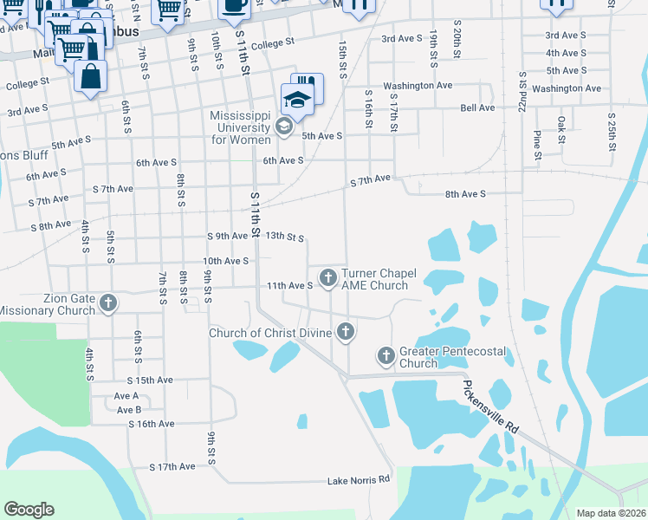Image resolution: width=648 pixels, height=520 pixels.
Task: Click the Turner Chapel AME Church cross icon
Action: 327,278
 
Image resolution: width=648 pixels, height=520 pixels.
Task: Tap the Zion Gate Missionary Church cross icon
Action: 108,303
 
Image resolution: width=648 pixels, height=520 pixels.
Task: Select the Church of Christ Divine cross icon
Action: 346,331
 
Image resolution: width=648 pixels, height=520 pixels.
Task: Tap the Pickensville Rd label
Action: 490,407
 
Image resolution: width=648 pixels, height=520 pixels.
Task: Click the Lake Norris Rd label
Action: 359,480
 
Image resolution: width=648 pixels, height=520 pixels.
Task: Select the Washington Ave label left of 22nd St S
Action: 418,87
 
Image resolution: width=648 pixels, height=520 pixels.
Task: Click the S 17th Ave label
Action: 173,467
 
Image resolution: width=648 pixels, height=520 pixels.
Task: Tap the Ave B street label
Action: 129,409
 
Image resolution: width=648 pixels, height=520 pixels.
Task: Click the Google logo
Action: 29,510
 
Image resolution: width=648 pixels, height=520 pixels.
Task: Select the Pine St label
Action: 538,146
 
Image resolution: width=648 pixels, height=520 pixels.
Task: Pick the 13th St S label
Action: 284,236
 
